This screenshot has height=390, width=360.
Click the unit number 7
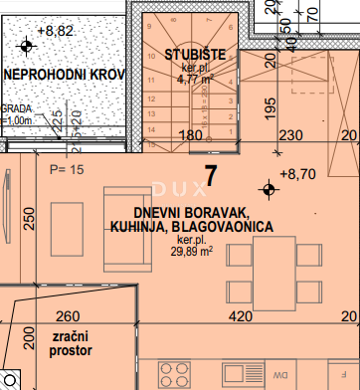click(x=210, y=175)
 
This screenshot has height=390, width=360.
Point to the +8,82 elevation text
click(x=55, y=31)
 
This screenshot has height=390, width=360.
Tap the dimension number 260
click(x=67, y=316)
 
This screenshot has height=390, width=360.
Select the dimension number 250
click(x=30, y=219)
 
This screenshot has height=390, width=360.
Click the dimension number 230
click(x=264, y=136)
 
